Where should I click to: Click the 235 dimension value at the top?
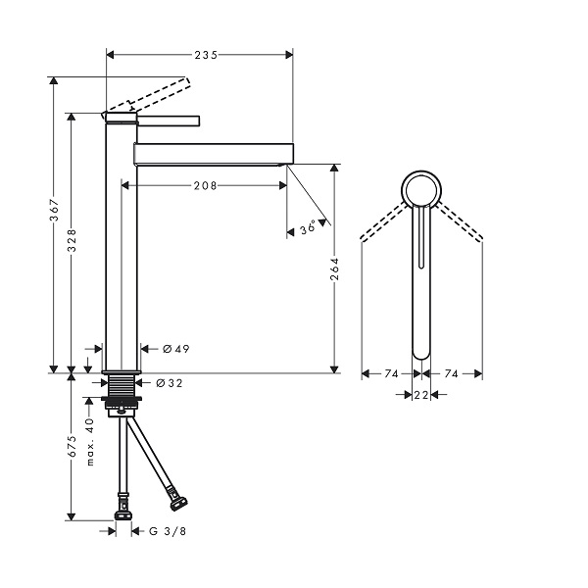206,55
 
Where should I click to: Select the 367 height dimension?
55,211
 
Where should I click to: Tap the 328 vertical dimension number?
72,240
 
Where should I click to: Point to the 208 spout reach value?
206,185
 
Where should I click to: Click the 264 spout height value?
334,269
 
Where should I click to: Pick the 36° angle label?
309,229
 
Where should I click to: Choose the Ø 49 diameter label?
176,349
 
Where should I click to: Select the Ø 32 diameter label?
170,383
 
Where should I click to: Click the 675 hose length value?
72,446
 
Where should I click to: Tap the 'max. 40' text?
90,442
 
